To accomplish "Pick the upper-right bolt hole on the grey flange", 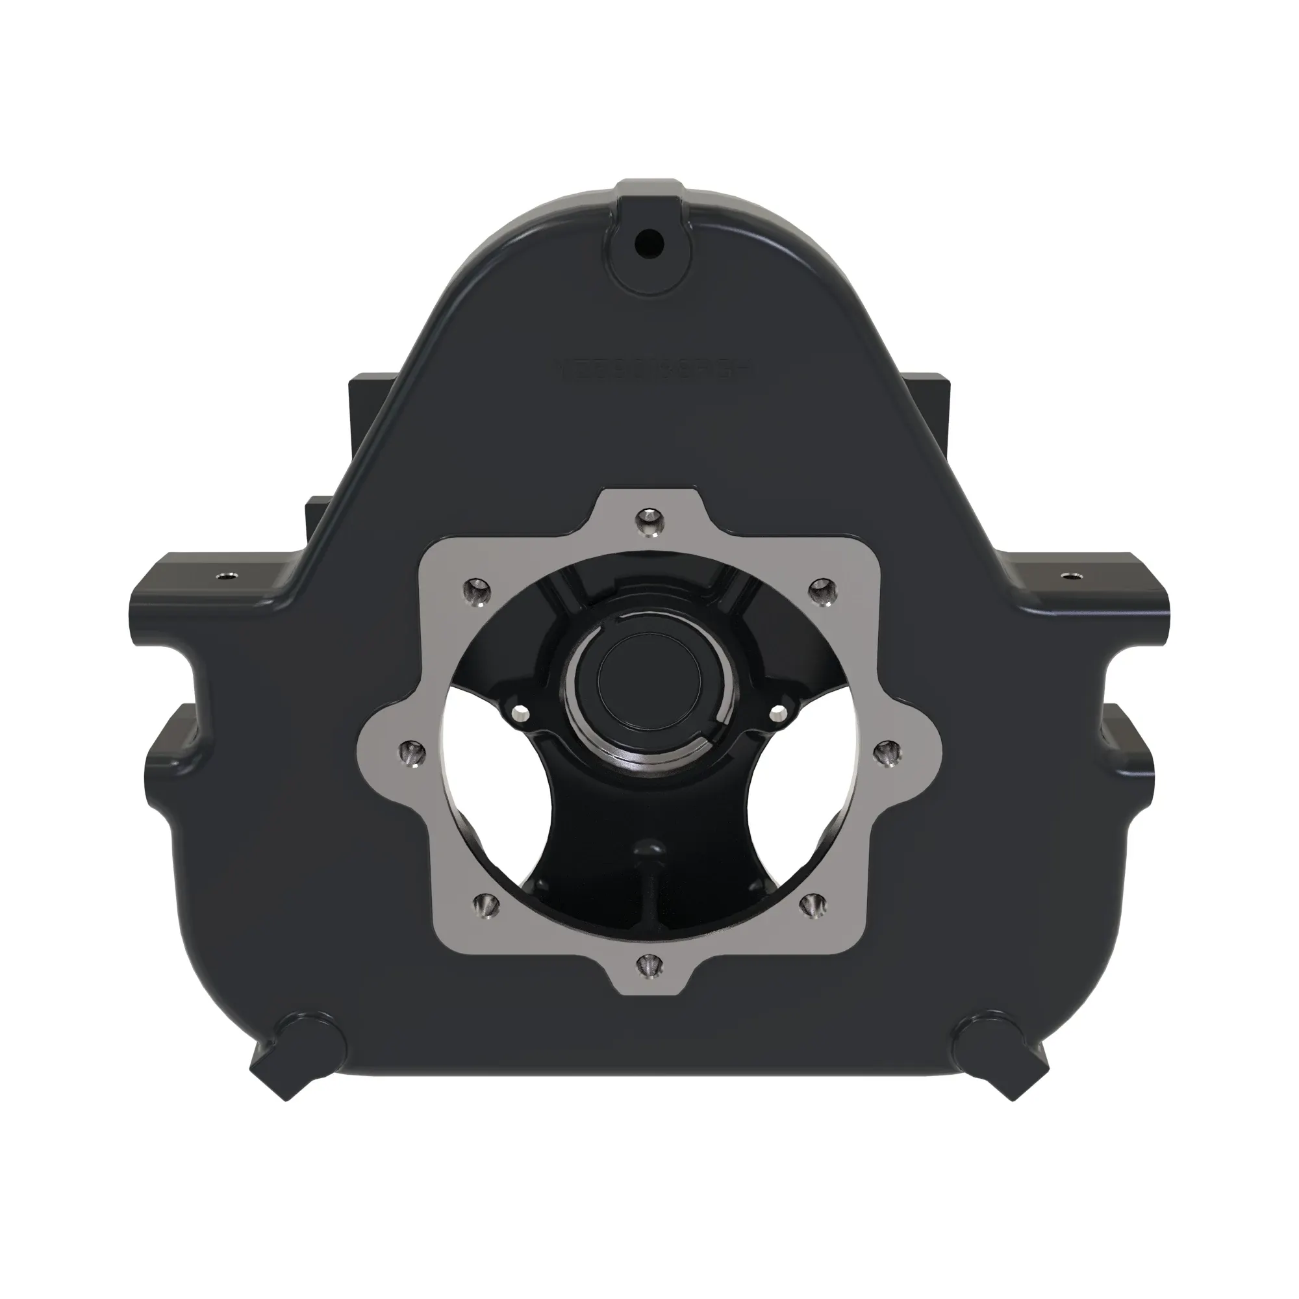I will pyautogui.click(x=820, y=590).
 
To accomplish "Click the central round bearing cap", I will pyautogui.click(x=649, y=679).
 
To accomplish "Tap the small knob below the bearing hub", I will pyautogui.click(x=650, y=849).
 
